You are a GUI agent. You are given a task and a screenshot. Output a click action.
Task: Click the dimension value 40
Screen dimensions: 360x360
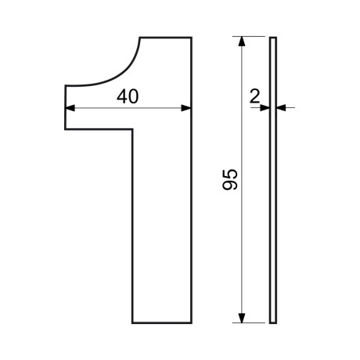click(x=128, y=96)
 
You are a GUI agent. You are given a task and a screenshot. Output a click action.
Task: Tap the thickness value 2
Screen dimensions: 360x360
click(x=254, y=96)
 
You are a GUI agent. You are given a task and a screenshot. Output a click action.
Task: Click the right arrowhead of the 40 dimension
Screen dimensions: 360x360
click(x=186, y=108)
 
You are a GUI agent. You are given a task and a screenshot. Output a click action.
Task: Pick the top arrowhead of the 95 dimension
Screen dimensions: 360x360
click(x=242, y=41)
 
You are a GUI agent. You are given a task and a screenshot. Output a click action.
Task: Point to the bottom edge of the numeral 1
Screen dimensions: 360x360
click(x=162, y=323)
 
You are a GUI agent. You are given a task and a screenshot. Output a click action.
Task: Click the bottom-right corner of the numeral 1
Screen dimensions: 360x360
click(x=192, y=323)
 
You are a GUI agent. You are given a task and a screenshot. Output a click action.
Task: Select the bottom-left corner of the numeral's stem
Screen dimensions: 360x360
click(x=132, y=323)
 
